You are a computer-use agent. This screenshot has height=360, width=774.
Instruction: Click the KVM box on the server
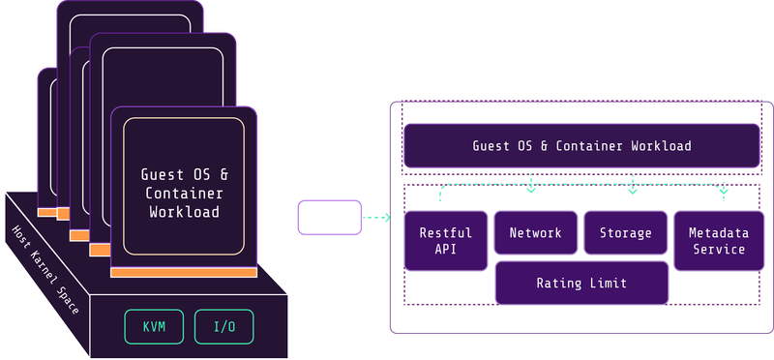pos(154,326)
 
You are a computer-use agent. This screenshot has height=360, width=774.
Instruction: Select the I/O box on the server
pos(223,326)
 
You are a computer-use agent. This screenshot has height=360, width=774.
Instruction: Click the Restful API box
pos(445,241)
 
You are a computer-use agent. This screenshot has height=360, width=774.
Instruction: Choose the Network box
pos(535,233)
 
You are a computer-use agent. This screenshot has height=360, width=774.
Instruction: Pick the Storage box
pos(625,233)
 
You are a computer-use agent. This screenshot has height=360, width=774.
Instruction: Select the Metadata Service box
pos(716,241)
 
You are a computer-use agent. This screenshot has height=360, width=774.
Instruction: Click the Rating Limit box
pos(581,284)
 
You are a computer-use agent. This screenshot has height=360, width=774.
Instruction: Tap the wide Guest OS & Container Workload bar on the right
pos(581,146)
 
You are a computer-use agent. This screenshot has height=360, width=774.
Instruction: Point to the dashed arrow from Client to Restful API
pos(375,218)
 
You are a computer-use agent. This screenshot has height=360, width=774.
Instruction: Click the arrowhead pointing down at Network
pos(530,190)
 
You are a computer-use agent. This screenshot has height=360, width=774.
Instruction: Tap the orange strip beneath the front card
pos(184,273)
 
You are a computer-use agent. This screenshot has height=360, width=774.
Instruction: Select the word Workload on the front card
pos(184,211)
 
